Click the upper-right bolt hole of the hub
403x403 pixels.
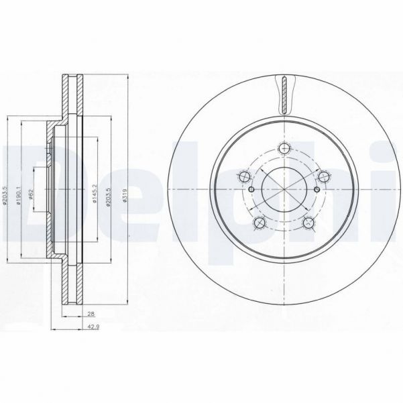pyautogui.click(x=325, y=177)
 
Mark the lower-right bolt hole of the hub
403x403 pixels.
pyautogui.click(x=309, y=224)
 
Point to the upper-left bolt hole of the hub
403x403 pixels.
pyautogui.click(x=244, y=177)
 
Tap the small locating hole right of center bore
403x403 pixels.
pyautogui.click(x=319, y=190)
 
